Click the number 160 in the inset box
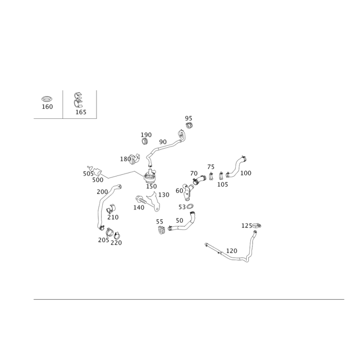point(48,107)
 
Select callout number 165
point(81,112)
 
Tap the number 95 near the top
point(189,118)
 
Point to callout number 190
point(147,135)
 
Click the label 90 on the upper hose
point(163,141)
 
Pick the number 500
point(98,180)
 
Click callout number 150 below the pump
point(151,186)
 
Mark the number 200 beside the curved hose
point(103,192)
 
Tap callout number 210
point(113,217)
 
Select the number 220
point(116,243)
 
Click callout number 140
point(139,207)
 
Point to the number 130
point(164,195)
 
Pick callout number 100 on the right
point(246,173)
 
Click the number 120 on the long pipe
point(231,250)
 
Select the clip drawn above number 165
point(79,100)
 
